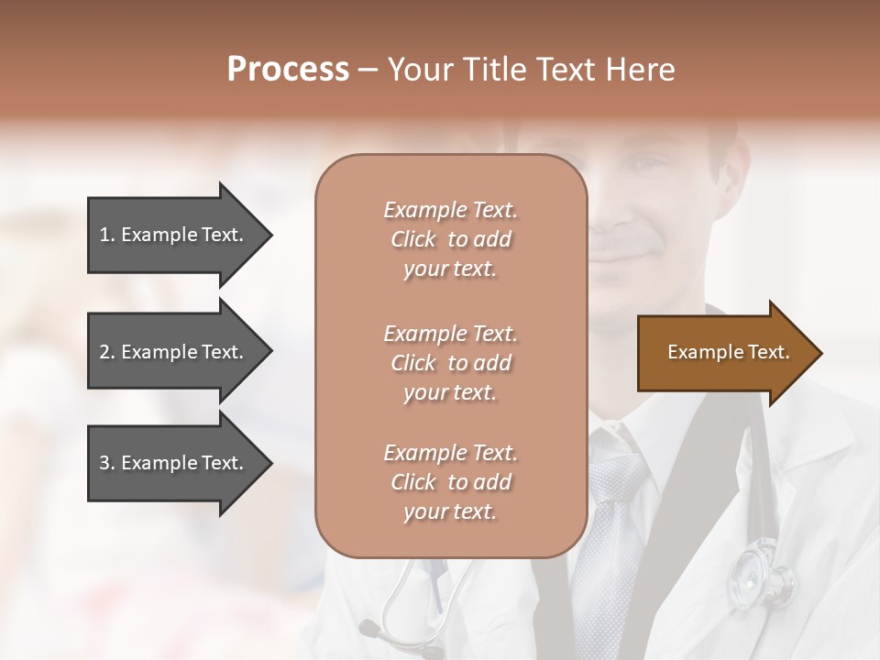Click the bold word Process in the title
[288, 70]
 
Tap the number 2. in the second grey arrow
[107, 352]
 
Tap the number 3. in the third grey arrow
[107, 463]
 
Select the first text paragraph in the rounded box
[450, 239]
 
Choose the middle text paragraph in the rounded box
[450, 363]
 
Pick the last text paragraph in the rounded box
[450, 482]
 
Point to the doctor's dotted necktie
[610, 532]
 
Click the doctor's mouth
[632, 254]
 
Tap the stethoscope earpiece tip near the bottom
[369, 629]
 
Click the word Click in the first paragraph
[412, 239]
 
